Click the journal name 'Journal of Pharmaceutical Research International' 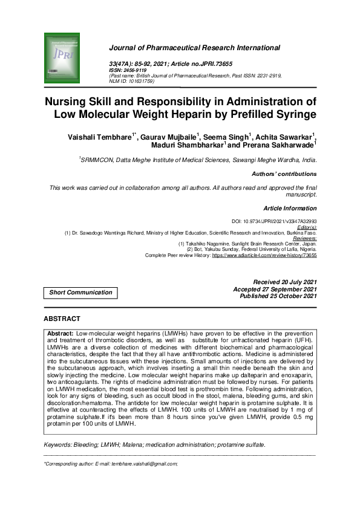194,47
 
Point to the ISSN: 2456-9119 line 126,70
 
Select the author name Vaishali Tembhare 99,138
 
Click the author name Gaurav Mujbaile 170,138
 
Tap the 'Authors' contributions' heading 284,174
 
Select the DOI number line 274,222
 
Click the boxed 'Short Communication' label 80,293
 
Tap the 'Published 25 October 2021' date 278,296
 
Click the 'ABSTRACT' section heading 62,319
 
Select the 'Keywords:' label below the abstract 60,444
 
